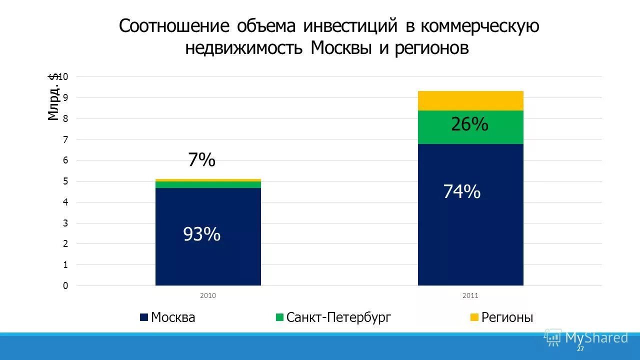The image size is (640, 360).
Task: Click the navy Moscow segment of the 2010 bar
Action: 208,260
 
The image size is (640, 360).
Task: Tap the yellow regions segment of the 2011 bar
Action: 470,100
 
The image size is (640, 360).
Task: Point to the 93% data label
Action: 201,234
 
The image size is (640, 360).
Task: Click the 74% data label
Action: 462,191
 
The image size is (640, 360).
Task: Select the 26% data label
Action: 469,124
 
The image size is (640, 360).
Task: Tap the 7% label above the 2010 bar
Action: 201,160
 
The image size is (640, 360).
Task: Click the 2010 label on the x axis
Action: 208,295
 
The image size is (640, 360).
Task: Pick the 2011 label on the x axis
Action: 470,295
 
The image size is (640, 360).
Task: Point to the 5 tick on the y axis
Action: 65,181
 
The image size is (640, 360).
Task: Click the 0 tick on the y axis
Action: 65,285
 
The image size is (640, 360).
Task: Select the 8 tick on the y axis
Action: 65,118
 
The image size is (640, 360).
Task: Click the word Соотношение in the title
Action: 174,26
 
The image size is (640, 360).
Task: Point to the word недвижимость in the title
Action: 244,48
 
